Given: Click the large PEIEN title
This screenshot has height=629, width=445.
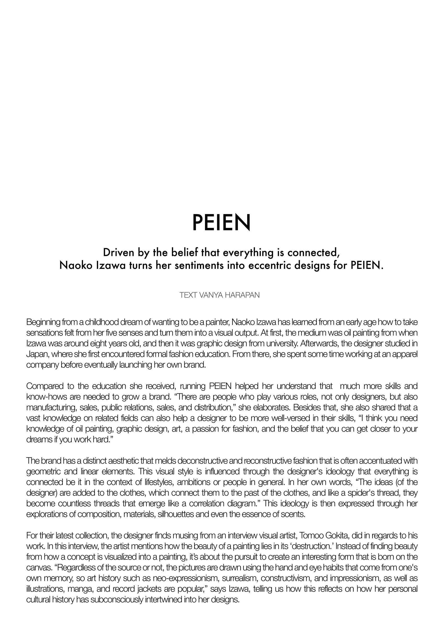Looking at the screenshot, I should point(221,222).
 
